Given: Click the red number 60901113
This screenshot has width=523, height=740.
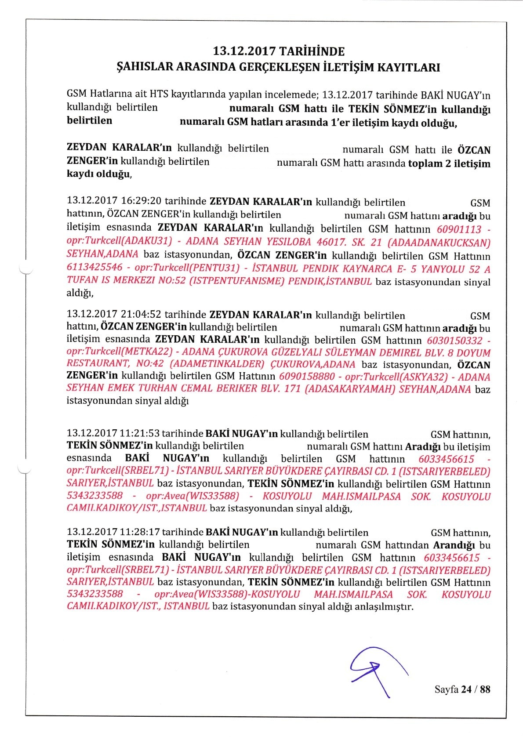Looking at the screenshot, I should [x=459, y=229].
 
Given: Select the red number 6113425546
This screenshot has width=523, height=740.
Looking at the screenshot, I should [x=94, y=268].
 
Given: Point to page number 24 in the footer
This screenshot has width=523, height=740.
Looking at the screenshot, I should [x=466, y=689].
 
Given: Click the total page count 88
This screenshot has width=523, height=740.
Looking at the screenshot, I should [x=485, y=689].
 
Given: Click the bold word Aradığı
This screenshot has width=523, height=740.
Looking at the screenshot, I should [x=423, y=447].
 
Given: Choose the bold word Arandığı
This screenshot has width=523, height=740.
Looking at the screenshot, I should [x=454, y=545].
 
